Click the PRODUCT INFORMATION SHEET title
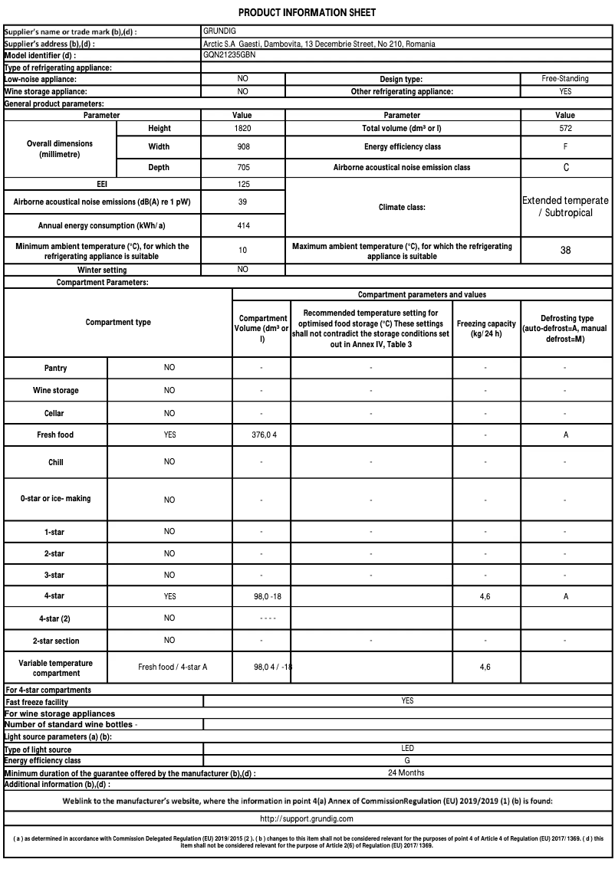coord(307,13)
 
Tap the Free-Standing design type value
coord(565,79)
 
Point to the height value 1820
coord(242,129)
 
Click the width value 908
coord(242,146)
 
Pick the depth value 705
coord(242,167)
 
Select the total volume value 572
coord(565,129)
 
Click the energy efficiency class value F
coord(565,146)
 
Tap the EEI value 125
coord(242,185)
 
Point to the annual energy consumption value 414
coord(242,226)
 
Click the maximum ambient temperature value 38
coord(565,251)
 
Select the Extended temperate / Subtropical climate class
coord(565,207)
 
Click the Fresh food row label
coord(55,434)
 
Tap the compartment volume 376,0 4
coord(261,434)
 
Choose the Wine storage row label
coord(55,390)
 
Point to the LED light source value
coord(407,748)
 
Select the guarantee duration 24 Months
coord(406,772)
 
